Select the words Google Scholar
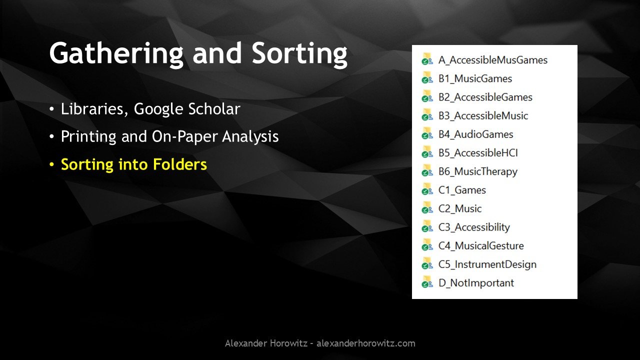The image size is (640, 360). pyautogui.click(x=187, y=109)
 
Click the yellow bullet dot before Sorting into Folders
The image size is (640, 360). pyautogui.click(x=51, y=164)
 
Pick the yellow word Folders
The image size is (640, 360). pyautogui.click(x=179, y=164)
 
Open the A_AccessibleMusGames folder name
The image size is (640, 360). pyautogui.click(x=493, y=60)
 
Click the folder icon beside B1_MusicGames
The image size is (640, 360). pyautogui.click(x=427, y=78)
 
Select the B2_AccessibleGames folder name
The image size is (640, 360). pyautogui.click(x=485, y=97)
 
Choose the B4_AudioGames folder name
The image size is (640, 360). pyautogui.click(x=476, y=134)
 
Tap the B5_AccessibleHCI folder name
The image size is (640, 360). pyautogui.click(x=478, y=153)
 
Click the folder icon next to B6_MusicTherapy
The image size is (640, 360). pyautogui.click(x=427, y=171)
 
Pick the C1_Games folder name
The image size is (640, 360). pyautogui.click(x=462, y=190)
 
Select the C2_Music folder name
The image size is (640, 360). pyautogui.click(x=460, y=208)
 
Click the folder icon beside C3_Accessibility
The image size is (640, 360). pyautogui.click(x=427, y=226)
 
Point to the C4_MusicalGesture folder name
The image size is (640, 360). pyautogui.click(x=481, y=245)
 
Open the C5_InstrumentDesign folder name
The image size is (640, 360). pyautogui.click(x=487, y=264)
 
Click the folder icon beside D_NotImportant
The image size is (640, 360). pyautogui.click(x=427, y=282)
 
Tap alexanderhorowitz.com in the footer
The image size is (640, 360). pyautogui.click(x=365, y=343)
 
